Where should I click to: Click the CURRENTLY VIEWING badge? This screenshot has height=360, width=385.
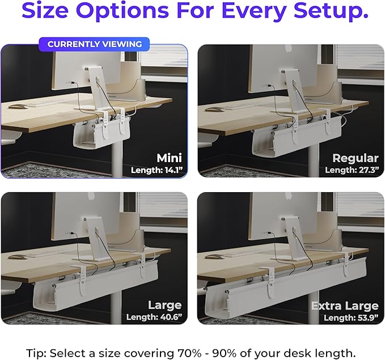(x=94, y=44)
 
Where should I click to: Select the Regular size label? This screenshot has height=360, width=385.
(x=356, y=158)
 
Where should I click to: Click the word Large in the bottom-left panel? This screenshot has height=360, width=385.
(x=164, y=306)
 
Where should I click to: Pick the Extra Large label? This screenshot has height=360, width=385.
(x=344, y=306)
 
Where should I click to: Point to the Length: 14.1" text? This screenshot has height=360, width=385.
(x=156, y=170)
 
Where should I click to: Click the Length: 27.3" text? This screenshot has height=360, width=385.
(x=352, y=170)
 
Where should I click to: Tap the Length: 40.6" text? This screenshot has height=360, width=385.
(x=154, y=317)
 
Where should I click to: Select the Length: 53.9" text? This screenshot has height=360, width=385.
(x=348, y=317)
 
